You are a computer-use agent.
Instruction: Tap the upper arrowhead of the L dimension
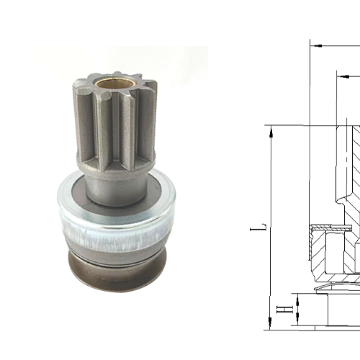[271, 129]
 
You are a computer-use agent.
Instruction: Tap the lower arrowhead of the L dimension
[271, 325]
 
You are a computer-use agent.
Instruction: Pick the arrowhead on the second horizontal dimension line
[340, 75]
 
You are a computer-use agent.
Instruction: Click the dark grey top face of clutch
[72, 194]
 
